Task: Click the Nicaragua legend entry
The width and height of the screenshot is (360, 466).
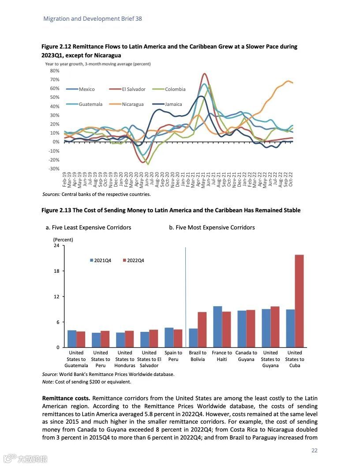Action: pyautogui.click(x=132, y=105)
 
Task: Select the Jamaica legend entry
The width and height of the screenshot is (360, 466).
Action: pyautogui.click(x=173, y=105)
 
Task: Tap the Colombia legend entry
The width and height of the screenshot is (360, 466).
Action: pyautogui.click(x=175, y=89)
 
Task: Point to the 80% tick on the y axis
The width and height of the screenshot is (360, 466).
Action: pyautogui.click(x=55, y=71)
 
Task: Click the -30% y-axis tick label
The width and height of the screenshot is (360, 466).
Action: pyautogui.click(x=54, y=169)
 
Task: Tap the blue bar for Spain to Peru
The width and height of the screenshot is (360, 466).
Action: pyautogui.click(x=169, y=338)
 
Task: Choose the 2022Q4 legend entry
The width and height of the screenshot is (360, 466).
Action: pyautogui.click(x=135, y=260)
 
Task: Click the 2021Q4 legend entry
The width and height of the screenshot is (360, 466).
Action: pyautogui.click(x=102, y=260)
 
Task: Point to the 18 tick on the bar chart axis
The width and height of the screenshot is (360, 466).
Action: pyautogui.click(x=56, y=271)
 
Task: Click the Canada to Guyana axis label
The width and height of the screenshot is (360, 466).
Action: pyautogui.click(x=246, y=356)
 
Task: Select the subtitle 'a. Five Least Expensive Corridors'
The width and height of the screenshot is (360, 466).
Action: pyautogui.click(x=88, y=228)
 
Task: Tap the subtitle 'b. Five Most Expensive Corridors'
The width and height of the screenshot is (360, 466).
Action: pyautogui.click(x=212, y=228)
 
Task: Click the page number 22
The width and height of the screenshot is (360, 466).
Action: pyautogui.click(x=315, y=451)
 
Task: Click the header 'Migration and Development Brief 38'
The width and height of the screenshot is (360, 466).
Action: pyautogui.click(x=93, y=19)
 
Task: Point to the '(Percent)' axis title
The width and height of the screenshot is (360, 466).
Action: pyautogui.click(x=63, y=240)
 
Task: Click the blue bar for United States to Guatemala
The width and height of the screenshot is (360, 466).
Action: pyautogui.click(x=72, y=338)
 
